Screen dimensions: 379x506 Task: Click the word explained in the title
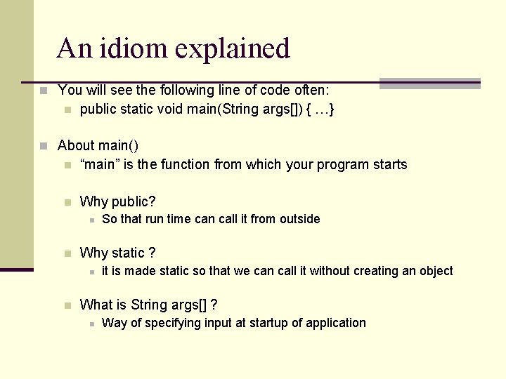tap(233, 49)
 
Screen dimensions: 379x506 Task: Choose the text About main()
tap(98, 145)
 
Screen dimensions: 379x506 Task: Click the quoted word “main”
tap(98, 164)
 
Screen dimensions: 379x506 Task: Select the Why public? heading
tap(117, 201)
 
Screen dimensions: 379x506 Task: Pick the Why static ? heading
tap(117, 253)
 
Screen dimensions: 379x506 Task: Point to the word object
tap(436, 271)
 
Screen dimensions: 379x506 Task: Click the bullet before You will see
tap(44, 91)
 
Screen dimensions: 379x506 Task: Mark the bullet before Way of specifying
tap(91, 324)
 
